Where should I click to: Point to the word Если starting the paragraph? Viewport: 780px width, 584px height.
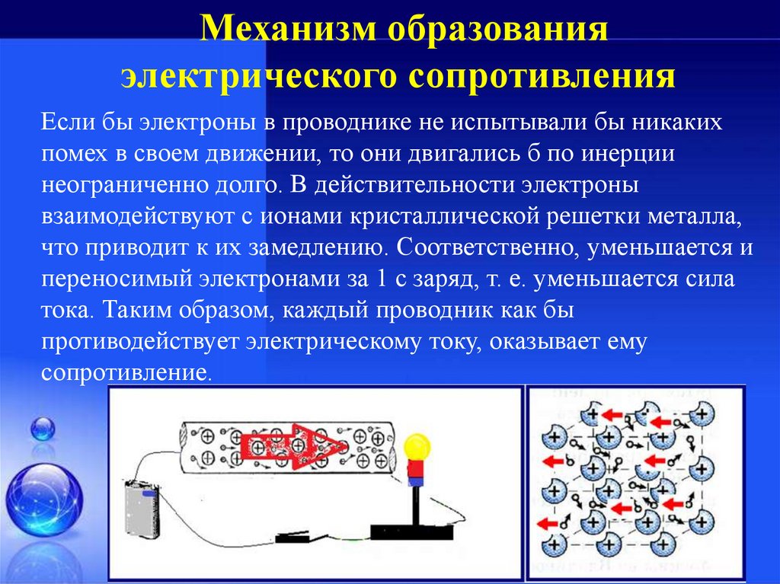pyautogui.click(x=66, y=122)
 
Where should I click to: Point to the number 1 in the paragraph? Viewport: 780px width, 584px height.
pyautogui.click(x=380, y=279)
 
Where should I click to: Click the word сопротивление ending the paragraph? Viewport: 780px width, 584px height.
pyautogui.click(x=124, y=374)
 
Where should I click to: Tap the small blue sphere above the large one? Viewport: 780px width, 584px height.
pyautogui.click(x=43, y=429)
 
